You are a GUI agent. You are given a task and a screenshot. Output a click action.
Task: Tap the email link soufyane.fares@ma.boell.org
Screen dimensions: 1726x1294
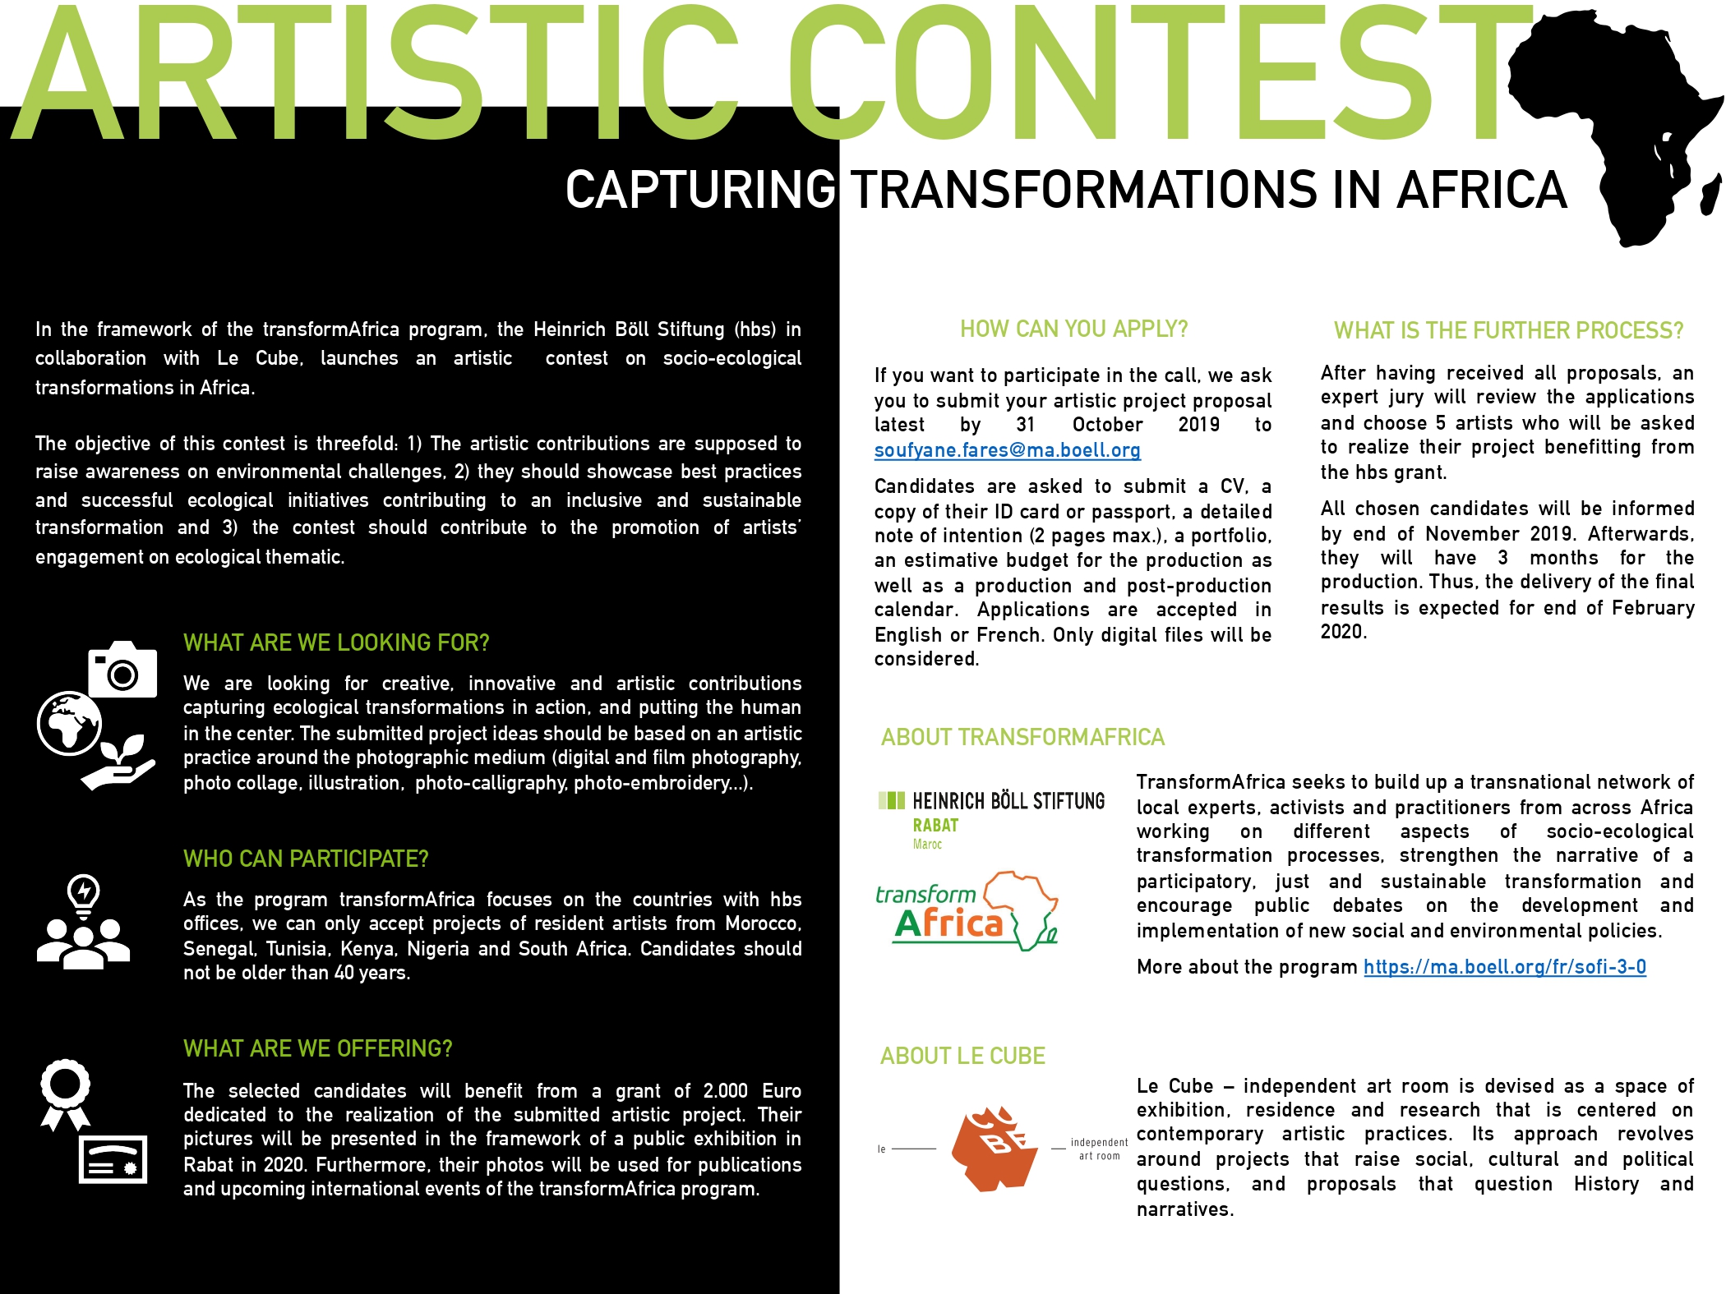click(x=1007, y=450)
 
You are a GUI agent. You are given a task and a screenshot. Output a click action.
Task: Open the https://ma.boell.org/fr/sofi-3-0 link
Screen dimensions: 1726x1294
click(x=1504, y=967)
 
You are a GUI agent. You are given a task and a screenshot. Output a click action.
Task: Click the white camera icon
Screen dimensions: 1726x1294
click(x=122, y=669)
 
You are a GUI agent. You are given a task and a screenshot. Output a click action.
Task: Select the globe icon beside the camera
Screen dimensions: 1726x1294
click(x=70, y=723)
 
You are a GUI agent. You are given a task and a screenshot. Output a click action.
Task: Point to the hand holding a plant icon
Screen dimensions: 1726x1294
click(x=119, y=764)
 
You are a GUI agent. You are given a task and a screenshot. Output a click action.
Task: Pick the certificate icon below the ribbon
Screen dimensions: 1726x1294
click(x=113, y=1159)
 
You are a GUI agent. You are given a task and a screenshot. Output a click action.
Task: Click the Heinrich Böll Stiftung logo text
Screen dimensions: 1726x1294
click(x=1008, y=801)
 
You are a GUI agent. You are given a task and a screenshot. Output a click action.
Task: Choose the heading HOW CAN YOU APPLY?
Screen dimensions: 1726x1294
click(x=1073, y=329)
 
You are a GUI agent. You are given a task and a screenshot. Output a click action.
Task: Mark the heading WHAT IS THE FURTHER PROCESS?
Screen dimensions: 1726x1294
click(x=1508, y=330)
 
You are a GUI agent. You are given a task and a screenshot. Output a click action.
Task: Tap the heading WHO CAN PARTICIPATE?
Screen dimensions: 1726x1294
click(x=306, y=859)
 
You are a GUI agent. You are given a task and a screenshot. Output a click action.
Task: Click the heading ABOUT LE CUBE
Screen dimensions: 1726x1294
click(x=962, y=1056)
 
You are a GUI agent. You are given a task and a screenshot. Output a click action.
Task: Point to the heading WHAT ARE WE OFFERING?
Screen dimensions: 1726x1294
click(x=317, y=1048)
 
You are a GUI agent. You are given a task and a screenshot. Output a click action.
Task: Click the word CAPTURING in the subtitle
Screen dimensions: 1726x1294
click(x=700, y=190)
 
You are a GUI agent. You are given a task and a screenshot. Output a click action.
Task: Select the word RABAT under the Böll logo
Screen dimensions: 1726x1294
click(x=935, y=826)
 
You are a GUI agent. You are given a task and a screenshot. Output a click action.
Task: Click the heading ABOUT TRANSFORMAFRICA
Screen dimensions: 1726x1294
click(x=1022, y=737)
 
